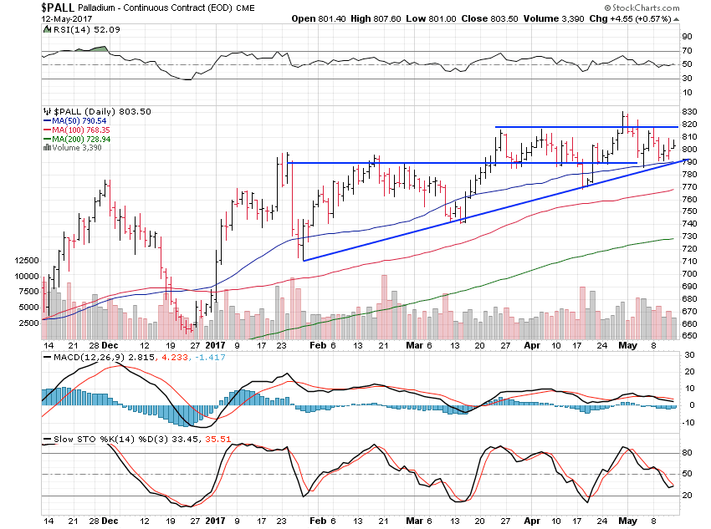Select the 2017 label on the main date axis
[x=216, y=343]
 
